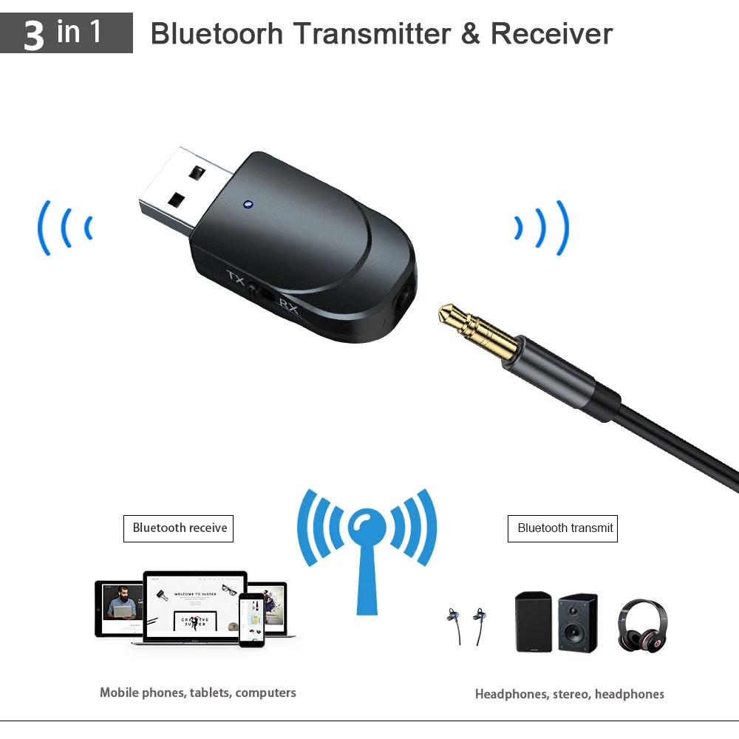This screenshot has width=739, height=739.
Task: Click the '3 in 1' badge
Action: coord(66,33)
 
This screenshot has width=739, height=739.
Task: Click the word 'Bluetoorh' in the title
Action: coord(217,34)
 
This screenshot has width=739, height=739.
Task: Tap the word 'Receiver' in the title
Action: coord(551,34)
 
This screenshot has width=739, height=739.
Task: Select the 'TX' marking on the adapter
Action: coord(236,279)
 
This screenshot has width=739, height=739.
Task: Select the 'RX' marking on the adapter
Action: coord(289,305)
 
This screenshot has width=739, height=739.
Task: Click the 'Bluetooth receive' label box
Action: coord(178,528)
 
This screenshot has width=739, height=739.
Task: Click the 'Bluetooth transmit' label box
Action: coord(562,528)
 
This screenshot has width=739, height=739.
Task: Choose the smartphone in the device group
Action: coord(251,620)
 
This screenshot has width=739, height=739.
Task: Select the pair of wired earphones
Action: coord(467,624)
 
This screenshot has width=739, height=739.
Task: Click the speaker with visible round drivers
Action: coord(577,622)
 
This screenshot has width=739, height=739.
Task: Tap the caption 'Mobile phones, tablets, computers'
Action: coord(198,693)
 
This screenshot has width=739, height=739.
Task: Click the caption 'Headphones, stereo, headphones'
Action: coord(569,694)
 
